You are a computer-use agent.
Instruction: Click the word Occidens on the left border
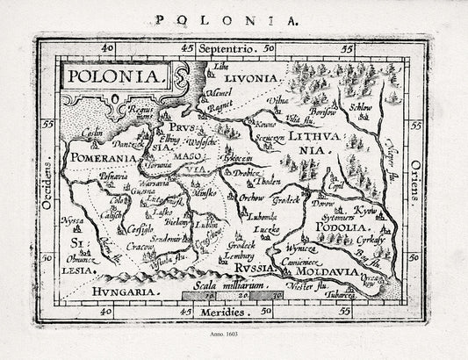[x=45, y=181]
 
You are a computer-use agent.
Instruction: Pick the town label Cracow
[x=132, y=247]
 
